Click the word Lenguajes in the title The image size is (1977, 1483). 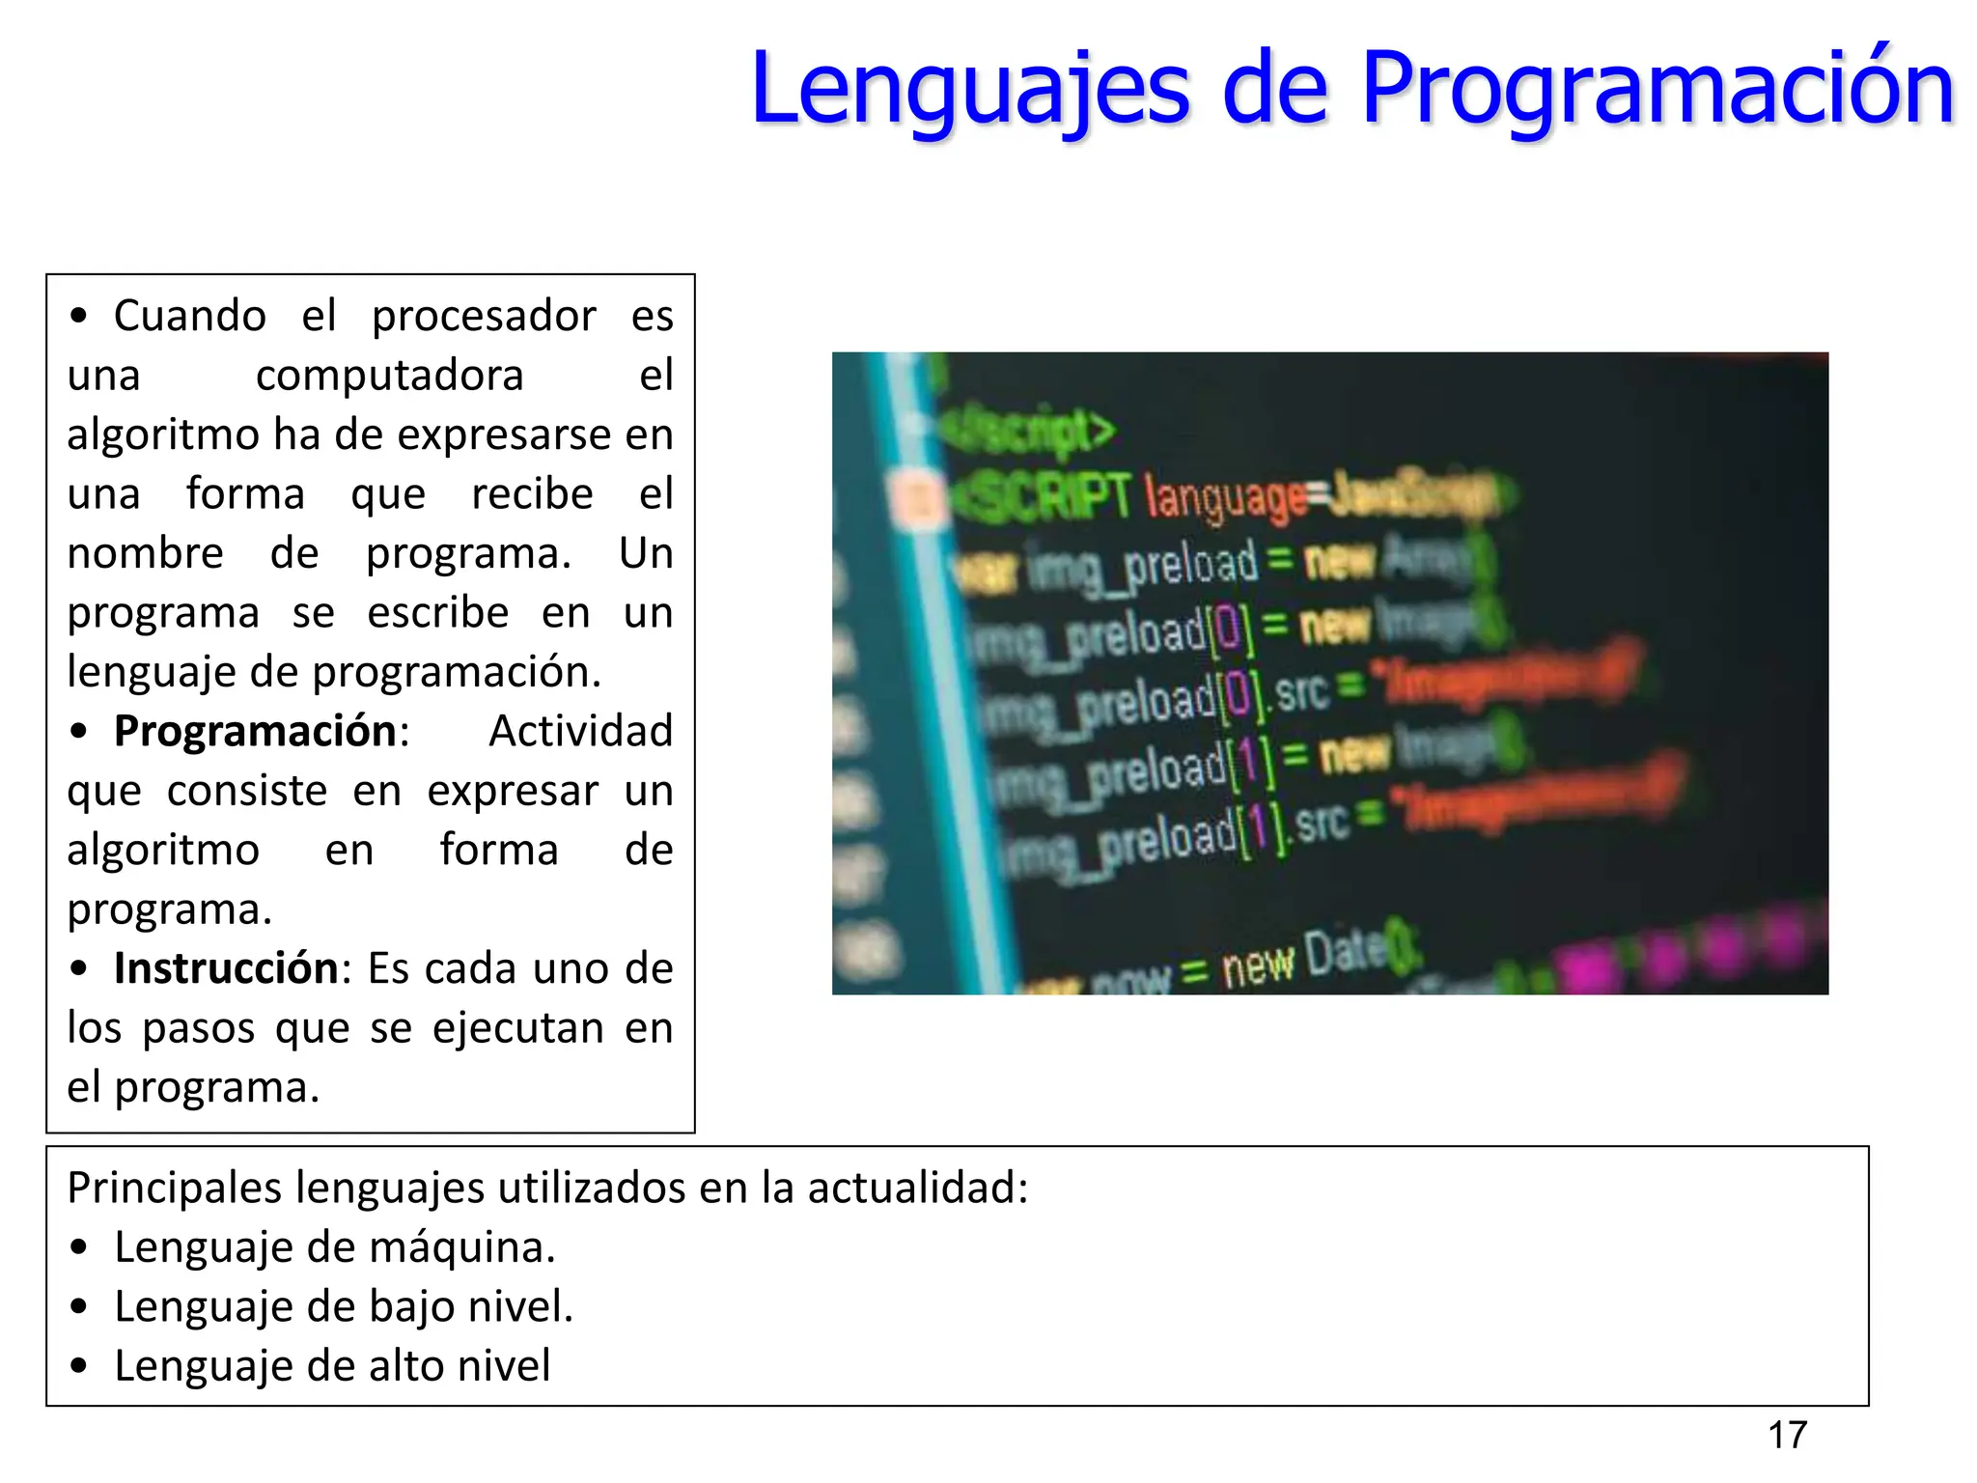pos(970,89)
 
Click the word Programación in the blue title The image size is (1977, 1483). pos(1657,89)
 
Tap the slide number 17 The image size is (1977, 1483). pos(1787,1435)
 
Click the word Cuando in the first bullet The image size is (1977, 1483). pos(190,316)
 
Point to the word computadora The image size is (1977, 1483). pos(389,375)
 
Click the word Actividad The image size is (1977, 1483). pos(580,731)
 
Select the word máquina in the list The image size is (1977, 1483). pos(462,1247)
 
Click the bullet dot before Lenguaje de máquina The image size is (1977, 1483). pos(79,1248)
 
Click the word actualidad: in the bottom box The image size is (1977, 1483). pos(917,1188)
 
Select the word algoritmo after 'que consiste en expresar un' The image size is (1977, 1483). pos(163,850)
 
